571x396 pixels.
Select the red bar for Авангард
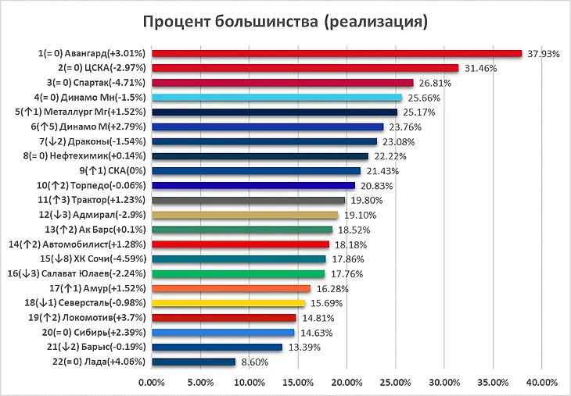(x=336, y=53)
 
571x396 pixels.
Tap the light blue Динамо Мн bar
(x=277, y=98)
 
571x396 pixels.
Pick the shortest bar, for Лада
(x=193, y=362)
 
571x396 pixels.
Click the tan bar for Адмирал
(x=245, y=215)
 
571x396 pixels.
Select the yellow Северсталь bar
(x=228, y=303)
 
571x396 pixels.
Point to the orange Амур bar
(x=231, y=288)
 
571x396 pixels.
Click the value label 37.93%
(x=544, y=54)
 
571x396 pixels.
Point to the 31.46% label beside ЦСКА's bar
(x=480, y=68)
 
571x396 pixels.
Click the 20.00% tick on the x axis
(x=347, y=383)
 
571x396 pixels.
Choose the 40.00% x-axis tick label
(x=542, y=383)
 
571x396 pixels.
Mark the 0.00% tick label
(x=152, y=383)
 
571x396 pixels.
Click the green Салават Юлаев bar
(x=238, y=273)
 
